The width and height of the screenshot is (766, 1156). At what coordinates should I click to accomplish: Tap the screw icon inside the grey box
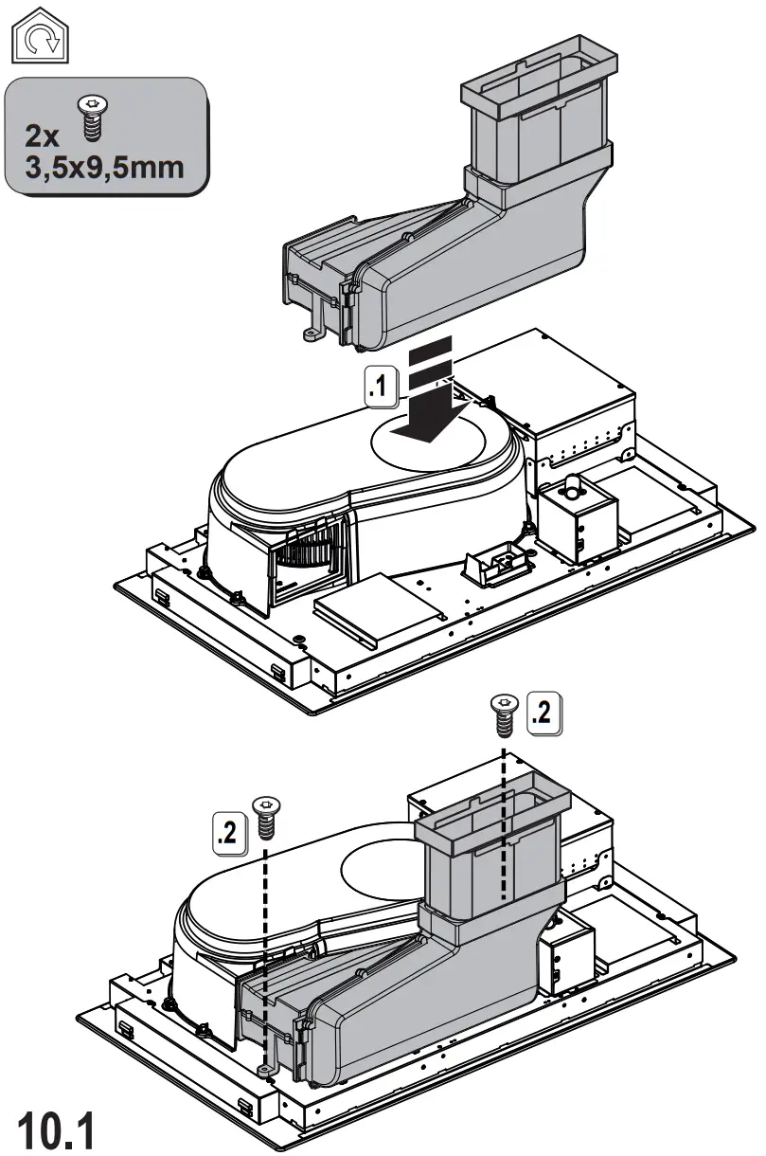92,119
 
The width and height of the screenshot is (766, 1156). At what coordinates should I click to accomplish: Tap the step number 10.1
58,1128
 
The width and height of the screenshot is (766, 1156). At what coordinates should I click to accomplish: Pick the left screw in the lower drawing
265,816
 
